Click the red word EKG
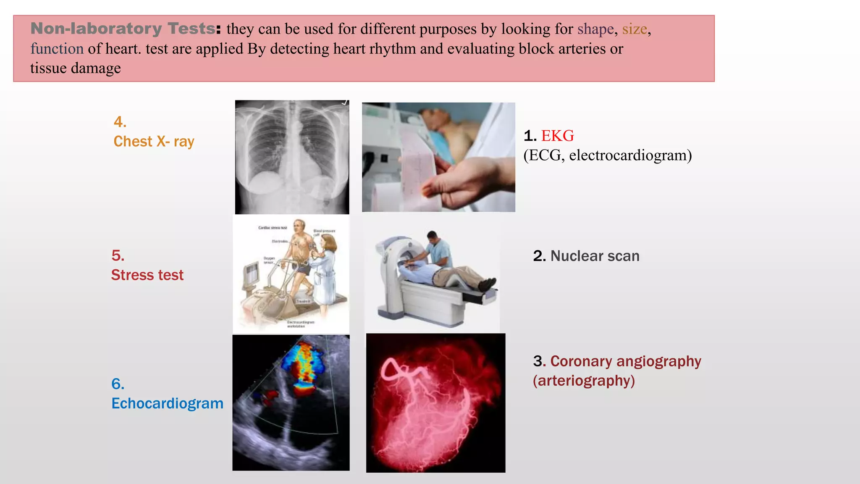click(x=557, y=136)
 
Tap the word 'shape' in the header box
click(x=595, y=29)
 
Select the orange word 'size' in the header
click(x=634, y=29)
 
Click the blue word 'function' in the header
click(x=57, y=49)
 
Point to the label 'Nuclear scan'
click(x=595, y=256)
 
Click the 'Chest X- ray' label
click(x=154, y=142)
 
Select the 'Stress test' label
click(x=147, y=275)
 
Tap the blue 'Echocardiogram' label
click(x=167, y=403)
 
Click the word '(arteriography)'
click(x=584, y=381)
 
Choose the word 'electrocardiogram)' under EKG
click(x=630, y=155)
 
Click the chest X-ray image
click(x=292, y=157)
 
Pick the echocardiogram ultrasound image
click(x=291, y=402)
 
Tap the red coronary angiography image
click(x=435, y=402)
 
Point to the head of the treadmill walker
click(x=299, y=226)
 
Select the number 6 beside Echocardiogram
click(x=117, y=384)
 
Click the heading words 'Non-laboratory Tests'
click(x=123, y=29)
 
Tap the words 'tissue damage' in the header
click(x=76, y=68)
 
